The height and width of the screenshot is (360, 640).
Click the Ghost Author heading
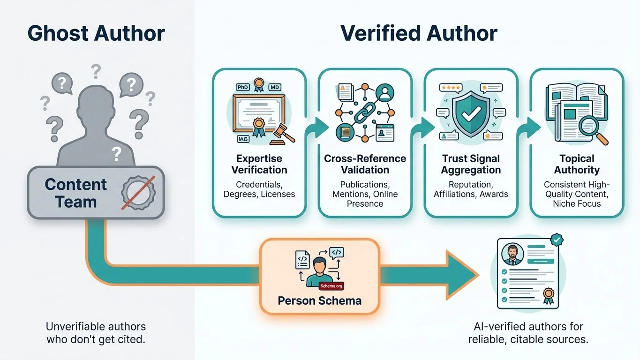tap(96, 34)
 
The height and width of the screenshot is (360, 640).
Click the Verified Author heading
tap(419, 34)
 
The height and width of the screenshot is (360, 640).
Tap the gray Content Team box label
tap(76, 193)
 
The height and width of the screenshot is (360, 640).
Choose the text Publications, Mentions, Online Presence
tap(365, 194)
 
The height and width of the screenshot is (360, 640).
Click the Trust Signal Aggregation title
tap(471, 164)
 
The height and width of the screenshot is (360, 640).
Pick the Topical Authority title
tap(577, 164)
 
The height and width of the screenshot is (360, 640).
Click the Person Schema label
tap(320, 300)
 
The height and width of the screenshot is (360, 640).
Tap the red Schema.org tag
tap(331, 286)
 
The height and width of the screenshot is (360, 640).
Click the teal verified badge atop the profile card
tap(557, 240)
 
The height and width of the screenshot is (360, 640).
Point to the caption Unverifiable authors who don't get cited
tap(96, 333)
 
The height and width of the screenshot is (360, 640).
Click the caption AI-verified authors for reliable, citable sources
tap(528, 333)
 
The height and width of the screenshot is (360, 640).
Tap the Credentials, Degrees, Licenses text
tap(259, 189)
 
